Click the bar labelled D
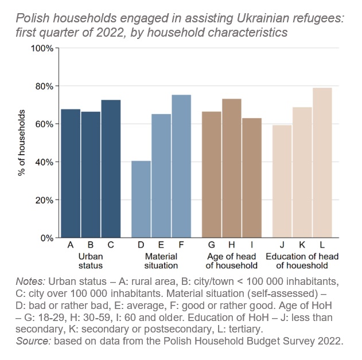141,199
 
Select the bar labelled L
322,163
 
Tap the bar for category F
181,166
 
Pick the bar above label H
232,169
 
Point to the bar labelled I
252,178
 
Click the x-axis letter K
302,245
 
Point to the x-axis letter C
111,245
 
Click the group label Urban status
91,260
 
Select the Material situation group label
161,260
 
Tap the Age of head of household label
232,260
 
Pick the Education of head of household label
302,260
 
